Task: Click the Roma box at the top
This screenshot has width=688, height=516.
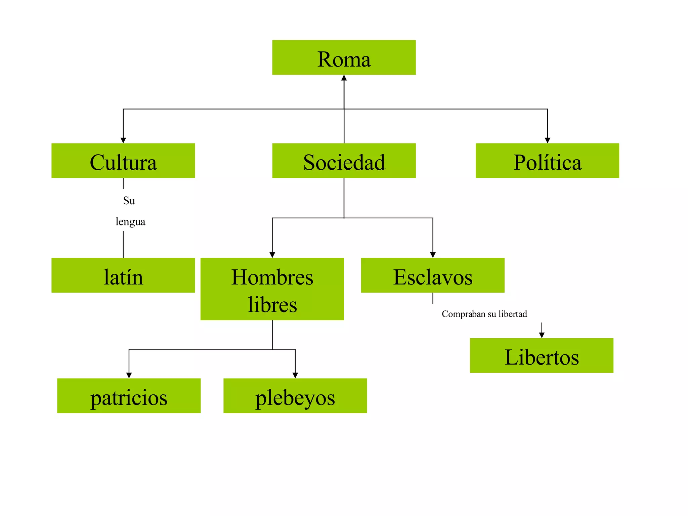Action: point(344,58)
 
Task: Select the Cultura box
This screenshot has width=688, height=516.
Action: point(123,161)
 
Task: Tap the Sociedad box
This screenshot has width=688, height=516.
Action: point(344,161)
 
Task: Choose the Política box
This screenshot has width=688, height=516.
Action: point(547,161)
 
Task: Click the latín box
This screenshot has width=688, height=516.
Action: point(123,275)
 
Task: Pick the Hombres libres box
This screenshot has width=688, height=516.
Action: point(272,289)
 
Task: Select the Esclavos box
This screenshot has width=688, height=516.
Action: point(433,275)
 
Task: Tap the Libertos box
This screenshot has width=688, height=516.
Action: point(542,355)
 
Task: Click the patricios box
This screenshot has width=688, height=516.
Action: point(129,396)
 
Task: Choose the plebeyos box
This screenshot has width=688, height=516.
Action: point(295,396)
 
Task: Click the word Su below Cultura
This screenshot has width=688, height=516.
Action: point(129,201)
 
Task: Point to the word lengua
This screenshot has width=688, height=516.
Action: point(130,222)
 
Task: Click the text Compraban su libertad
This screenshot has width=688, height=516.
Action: point(484,314)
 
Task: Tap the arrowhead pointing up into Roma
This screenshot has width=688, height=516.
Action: point(344,78)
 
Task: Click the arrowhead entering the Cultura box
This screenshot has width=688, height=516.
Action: point(123,140)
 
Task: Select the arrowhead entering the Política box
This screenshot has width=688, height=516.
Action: point(548,140)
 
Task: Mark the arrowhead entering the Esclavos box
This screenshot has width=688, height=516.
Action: point(433,255)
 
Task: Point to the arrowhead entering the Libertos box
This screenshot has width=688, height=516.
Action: point(542,335)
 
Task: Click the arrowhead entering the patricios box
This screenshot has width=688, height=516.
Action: point(129,375)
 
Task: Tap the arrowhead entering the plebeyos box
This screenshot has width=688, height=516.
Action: point(295,375)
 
